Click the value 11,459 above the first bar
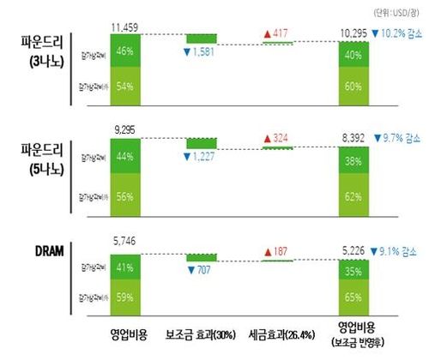[x=124, y=27]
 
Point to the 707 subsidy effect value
[x=204, y=269]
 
